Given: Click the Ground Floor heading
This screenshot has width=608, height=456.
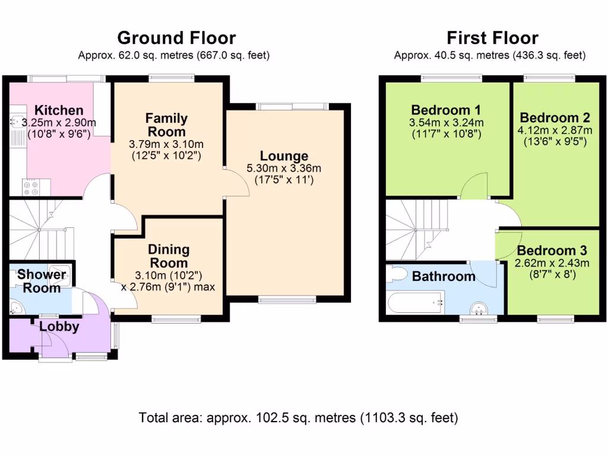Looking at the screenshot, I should (x=176, y=38).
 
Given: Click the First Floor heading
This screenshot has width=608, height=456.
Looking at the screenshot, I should (x=492, y=38).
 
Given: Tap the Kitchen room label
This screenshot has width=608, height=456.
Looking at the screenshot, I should (x=59, y=110).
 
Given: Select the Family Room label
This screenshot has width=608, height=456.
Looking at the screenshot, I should (x=166, y=125).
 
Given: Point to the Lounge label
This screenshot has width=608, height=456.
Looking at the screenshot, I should (x=284, y=156).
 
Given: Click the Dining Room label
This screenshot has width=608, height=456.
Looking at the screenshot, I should (x=169, y=256).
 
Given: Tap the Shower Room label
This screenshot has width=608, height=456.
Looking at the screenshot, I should (x=42, y=281).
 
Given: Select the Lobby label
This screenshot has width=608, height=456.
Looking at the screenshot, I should (x=59, y=326).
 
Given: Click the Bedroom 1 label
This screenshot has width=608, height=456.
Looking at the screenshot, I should (x=446, y=110).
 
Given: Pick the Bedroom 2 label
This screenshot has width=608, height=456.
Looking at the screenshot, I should (x=555, y=118).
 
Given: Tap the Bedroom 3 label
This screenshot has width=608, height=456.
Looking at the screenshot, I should (x=552, y=251).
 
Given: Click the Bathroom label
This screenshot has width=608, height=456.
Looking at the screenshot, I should (x=444, y=276).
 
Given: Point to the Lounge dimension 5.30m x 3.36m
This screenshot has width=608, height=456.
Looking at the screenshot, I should (x=284, y=169).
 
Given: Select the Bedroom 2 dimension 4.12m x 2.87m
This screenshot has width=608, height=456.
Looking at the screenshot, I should (x=555, y=130).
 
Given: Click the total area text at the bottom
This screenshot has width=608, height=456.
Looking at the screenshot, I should (x=298, y=417).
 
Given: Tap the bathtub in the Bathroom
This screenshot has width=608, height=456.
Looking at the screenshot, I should (x=416, y=303).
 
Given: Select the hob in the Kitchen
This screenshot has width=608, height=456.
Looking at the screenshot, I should (x=31, y=188).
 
